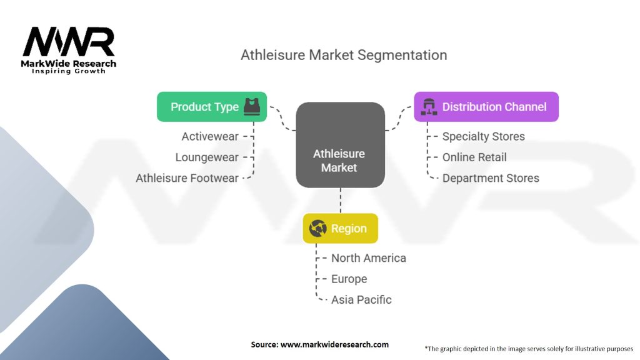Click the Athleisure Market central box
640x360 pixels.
tap(339, 144)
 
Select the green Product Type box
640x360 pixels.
tap(211, 107)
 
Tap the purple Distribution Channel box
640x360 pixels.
tap(486, 107)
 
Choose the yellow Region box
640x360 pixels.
tap(340, 228)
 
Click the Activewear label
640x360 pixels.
tap(210, 136)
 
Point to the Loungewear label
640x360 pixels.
tap(207, 157)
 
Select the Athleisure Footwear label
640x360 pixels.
tap(187, 178)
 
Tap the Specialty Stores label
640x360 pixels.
tap(483, 136)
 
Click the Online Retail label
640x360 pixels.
tap(474, 157)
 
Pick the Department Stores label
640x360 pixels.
tap(491, 178)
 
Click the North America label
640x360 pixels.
tap(368, 258)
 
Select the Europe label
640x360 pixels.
tap(349, 279)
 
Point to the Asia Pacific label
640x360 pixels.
tap(361, 299)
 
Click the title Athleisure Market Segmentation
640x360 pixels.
tap(344, 55)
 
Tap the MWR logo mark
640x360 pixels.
tap(69, 42)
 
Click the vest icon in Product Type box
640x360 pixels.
tap(251, 106)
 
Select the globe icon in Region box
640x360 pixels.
tap(317, 228)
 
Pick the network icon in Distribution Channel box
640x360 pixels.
tap(429, 107)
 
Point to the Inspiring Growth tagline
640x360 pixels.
tap(69, 71)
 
